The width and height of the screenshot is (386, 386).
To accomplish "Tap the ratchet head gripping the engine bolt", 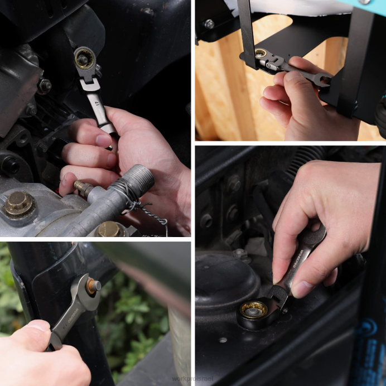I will [84, 58].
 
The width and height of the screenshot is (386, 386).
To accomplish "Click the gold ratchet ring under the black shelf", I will [260, 54].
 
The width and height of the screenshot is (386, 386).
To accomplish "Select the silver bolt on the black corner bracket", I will [209, 24].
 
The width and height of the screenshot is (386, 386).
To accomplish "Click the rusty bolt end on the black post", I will [93, 286].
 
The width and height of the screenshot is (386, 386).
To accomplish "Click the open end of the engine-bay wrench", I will [313, 234].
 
